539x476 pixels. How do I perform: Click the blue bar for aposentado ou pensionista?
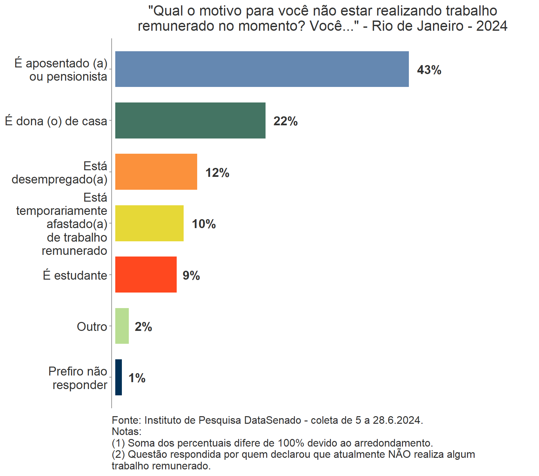[262, 69]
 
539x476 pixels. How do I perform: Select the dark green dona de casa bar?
[190, 120]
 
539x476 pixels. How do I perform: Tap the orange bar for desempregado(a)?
[156, 172]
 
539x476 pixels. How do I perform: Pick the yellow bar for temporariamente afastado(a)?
[149, 223]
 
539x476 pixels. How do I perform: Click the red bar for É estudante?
[146, 274]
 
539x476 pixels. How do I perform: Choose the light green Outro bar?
[122, 326]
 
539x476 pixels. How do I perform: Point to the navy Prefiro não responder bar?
[119, 377]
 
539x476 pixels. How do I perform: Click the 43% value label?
[429, 70]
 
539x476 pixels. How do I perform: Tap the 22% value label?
[285, 121]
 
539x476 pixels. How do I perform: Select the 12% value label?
[217, 173]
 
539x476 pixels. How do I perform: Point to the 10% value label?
[204, 224]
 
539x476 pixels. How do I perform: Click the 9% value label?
[191, 275]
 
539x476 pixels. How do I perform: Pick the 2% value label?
[143, 327]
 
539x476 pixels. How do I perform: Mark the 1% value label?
[137, 378]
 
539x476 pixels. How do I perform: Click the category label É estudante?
[75, 275]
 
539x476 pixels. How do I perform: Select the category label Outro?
[92, 327]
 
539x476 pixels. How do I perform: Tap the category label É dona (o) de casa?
[56, 121]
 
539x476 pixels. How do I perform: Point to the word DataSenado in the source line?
[272, 420]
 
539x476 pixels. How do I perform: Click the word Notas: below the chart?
[126, 431]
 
